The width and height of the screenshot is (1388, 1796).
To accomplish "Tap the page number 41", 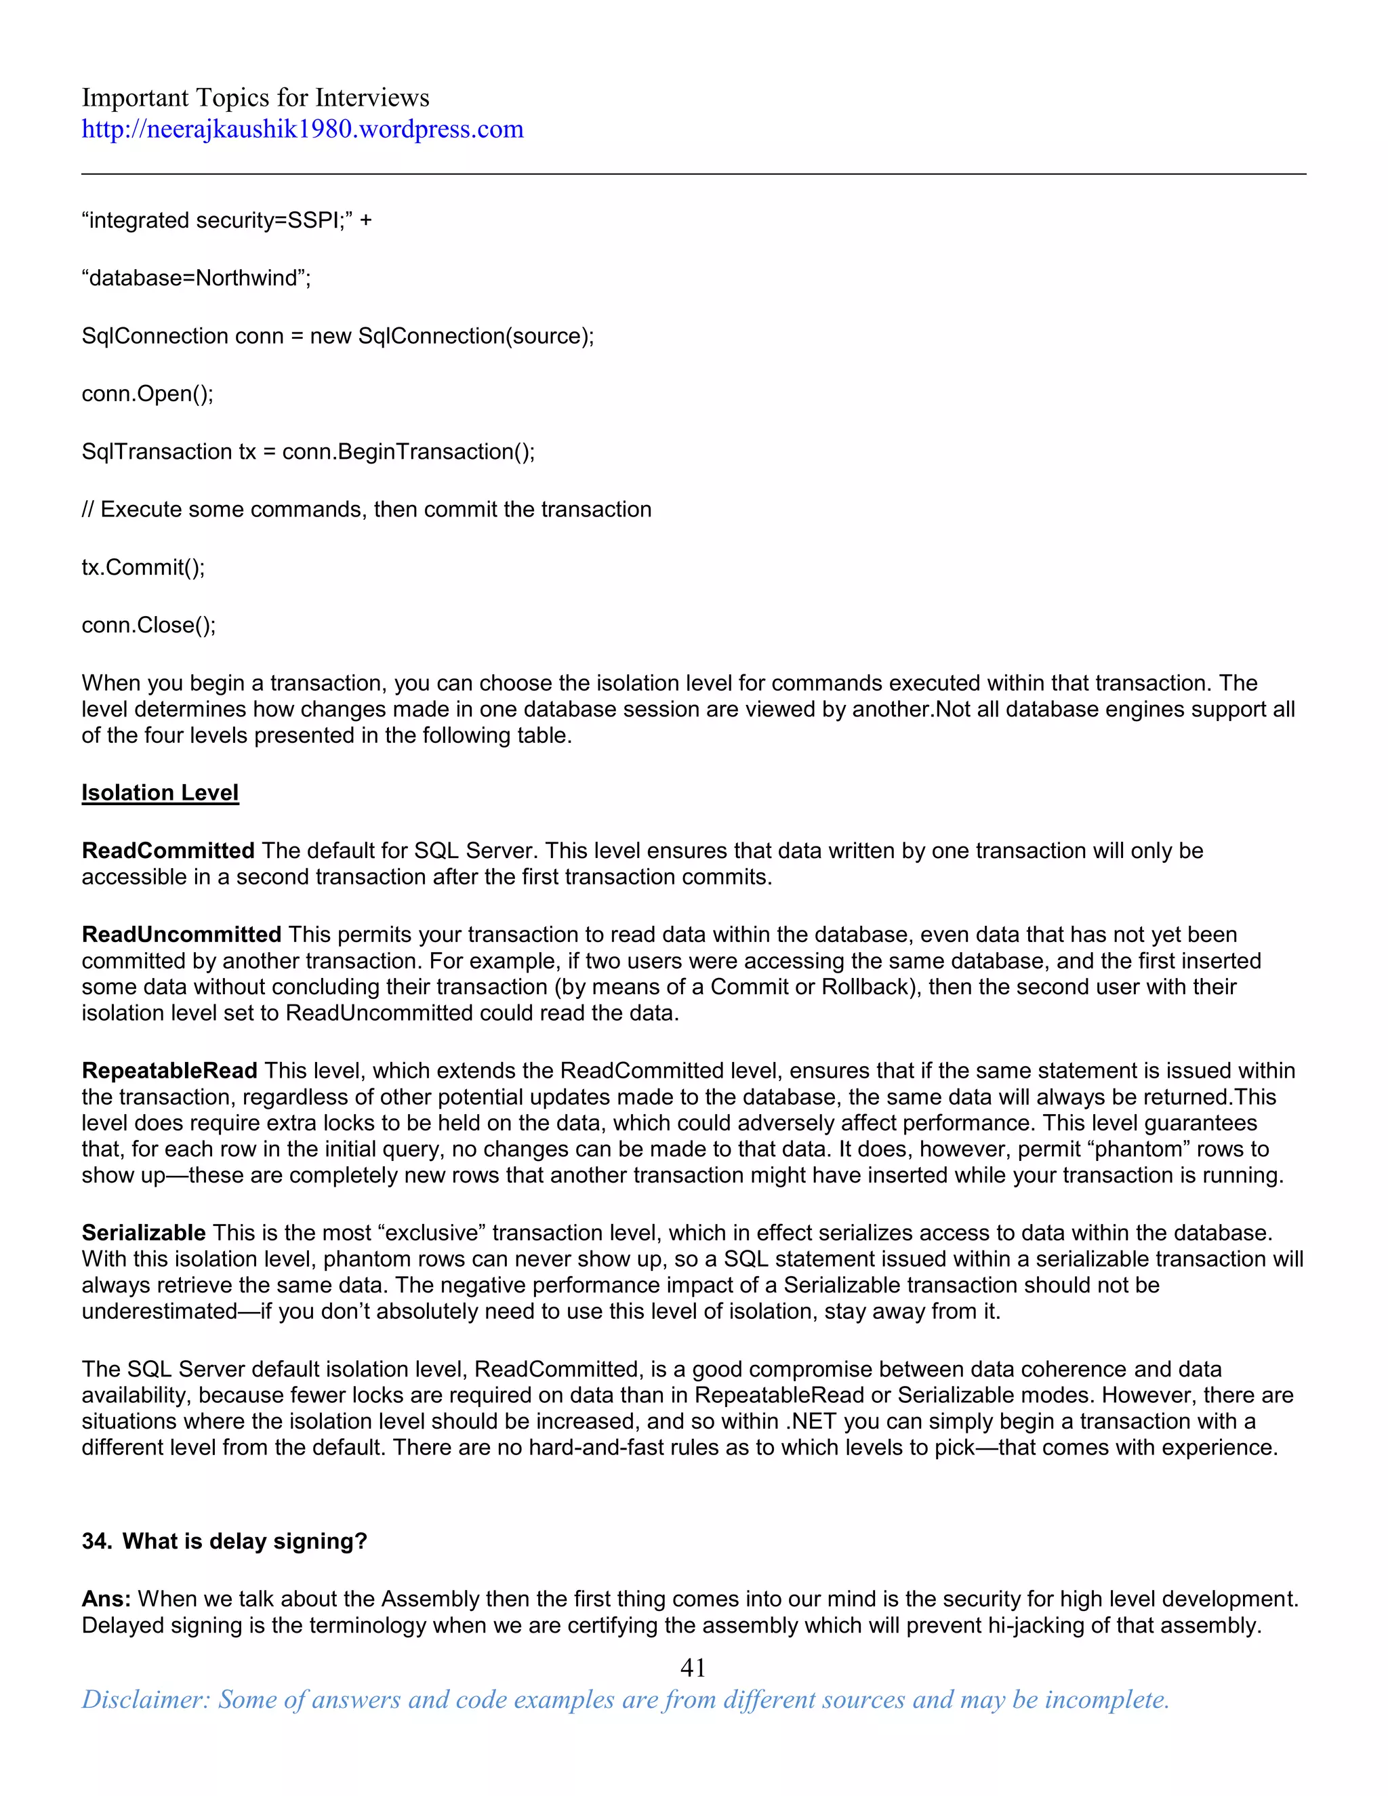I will pyautogui.click(x=693, y=1667).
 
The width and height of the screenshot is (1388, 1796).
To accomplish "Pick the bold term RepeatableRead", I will pyautogui.click(x=169, y=1071).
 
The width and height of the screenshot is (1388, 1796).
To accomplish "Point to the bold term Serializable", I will pyautogui.click(x=143, y=1233).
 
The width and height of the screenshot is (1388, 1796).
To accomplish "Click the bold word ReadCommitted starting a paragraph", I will pyautogui.click(x=168, y=851).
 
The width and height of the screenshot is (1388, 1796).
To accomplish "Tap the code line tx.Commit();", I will pyautogui.click(x=143, y=567).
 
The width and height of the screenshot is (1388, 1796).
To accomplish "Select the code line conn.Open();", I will pyautogui.click(x=147, y=394).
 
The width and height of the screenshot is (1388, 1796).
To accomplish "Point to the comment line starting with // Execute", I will pyautogui.click(x=366, y=510).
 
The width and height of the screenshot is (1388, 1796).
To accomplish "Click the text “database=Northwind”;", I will pyautogui.click(x=196, y=278).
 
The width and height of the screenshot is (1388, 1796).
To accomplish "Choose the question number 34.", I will pyautogui.click(x=96, y=1541).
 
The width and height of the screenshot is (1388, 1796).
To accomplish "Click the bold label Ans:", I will pyautogui.click(x=106, y=1599).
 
